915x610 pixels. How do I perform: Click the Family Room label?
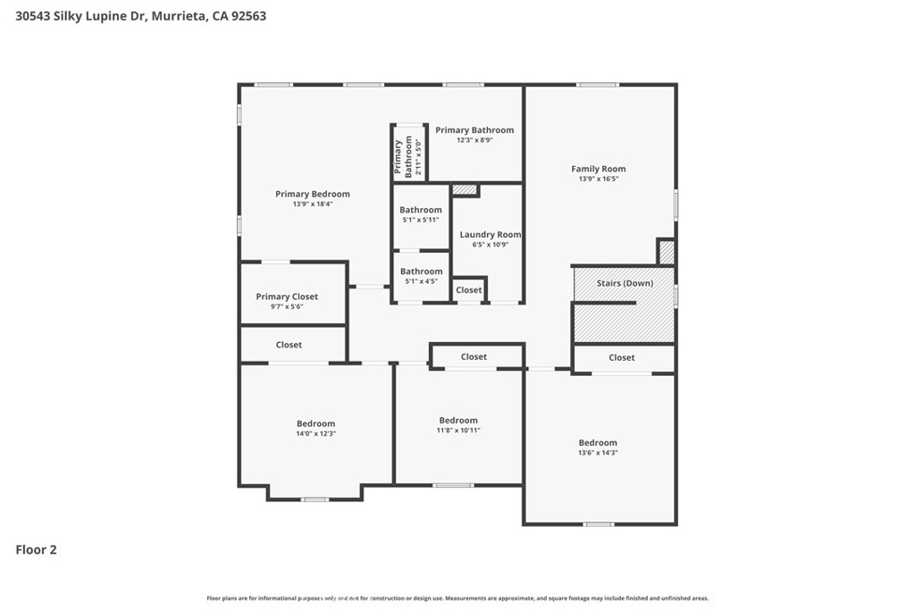598,169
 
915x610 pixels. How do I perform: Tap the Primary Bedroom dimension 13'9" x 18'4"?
313,205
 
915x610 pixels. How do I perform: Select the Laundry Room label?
491,234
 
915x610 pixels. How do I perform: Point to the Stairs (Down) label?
625,283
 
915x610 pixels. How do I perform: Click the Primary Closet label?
287,297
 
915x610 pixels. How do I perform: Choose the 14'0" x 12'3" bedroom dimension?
315,434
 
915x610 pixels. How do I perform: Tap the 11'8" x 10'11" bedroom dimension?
458,430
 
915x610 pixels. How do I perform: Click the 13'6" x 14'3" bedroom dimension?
598,453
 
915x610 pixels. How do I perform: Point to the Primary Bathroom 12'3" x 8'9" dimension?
475,140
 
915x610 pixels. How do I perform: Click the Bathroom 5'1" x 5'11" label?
421,214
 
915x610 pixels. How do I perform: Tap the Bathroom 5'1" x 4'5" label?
421,275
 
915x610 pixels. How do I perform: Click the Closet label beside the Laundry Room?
468,290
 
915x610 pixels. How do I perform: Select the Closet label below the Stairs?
622,357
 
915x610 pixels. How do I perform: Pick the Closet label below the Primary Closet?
289,345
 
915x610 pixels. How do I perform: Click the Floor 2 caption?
36,550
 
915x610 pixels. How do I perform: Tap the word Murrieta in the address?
179,16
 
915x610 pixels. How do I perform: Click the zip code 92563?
248,16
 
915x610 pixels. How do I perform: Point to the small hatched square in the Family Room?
667,252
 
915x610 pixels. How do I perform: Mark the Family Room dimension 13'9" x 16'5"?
599,179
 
